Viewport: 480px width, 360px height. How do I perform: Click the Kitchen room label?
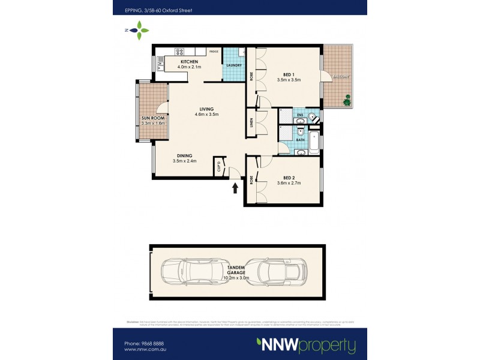tap(189, 62)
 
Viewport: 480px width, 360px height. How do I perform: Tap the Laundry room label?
tap(233, 66)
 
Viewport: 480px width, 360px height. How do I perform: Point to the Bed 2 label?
tap(289, 178)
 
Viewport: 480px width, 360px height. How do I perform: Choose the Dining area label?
tap(184, 156)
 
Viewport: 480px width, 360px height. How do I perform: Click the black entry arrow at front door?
tap(235, 188)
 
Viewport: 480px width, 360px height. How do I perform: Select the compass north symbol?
tap(141, 28)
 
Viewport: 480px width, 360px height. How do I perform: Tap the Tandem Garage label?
tap(235, 271)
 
